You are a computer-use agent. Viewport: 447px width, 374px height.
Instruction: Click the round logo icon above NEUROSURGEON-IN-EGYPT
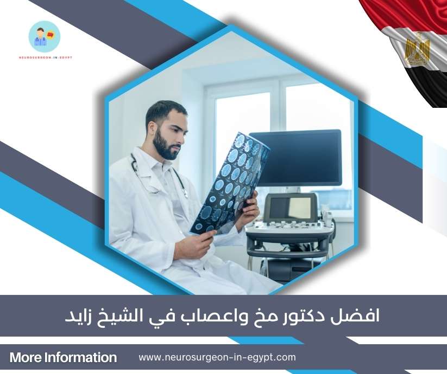pos(44,36)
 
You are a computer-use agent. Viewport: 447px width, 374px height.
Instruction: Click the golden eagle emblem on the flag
pos(417,49)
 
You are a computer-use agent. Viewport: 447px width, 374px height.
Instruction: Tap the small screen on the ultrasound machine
pos(290,207)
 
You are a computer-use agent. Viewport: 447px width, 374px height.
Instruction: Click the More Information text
pos(63,358)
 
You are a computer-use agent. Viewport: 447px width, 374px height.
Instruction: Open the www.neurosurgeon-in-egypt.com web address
pos(217,357)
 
